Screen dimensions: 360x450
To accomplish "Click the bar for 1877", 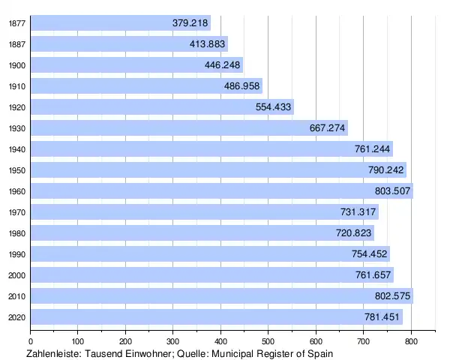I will pyautogui.click(x=120, y=23).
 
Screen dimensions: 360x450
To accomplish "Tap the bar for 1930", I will pyautogui.click(x=188, y=128).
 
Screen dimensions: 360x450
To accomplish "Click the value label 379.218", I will pyautogui.click(x=190, y=23).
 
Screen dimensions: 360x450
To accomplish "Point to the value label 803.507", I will pyautogui.click(x=392, y=191).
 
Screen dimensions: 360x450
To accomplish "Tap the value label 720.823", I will pyautogui.click(x=354, y=233).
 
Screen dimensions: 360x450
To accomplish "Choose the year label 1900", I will pyautogui.click(x=16, y=65).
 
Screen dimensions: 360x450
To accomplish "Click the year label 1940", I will pyautogui.click(x=16, y=149).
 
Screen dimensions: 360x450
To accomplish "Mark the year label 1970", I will pyautogui.click(x=16, y=212).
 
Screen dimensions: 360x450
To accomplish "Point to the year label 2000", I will pyautogui.click(x=16, y=275).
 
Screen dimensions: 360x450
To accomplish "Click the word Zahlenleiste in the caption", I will pyautogui.click(x=52, y=353).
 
